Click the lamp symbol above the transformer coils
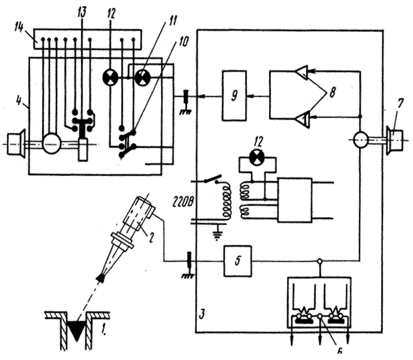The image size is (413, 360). tap(256, 156)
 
